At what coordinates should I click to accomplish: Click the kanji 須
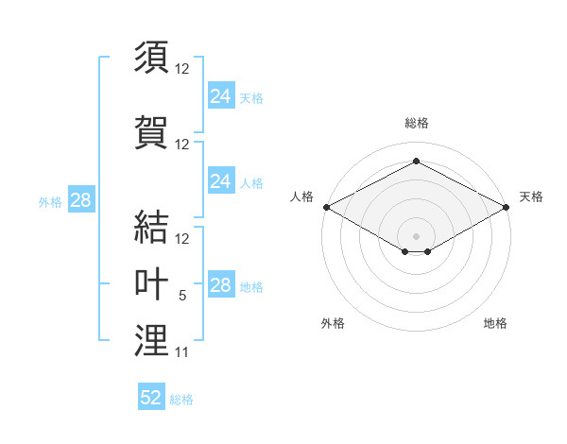point(151,57)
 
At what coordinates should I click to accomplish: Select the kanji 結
point(151,227)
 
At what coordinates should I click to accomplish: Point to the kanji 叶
point(151,283)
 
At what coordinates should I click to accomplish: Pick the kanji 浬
point(151,341)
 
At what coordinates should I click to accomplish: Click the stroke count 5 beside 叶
point(182,296)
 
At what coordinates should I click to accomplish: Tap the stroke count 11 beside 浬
point(181,352)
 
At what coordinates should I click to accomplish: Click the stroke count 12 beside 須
point(182,69)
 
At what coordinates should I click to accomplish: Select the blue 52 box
point(151,398)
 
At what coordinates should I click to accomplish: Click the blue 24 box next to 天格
point(220,95)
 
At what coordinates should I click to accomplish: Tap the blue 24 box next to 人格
point(220,181)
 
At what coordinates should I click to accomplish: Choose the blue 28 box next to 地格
point(220,285)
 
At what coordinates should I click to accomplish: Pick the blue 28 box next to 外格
point(80,200)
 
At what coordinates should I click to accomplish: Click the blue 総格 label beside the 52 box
point(181,400)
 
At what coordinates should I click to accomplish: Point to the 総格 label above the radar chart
point(416,123)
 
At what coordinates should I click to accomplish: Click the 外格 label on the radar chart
point(333,323)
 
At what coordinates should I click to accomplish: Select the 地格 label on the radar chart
point(495,323)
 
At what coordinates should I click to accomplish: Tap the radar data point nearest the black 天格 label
point(507,206)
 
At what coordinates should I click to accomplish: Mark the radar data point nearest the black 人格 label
point(326,206)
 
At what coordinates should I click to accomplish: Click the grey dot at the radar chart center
point(416,234)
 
